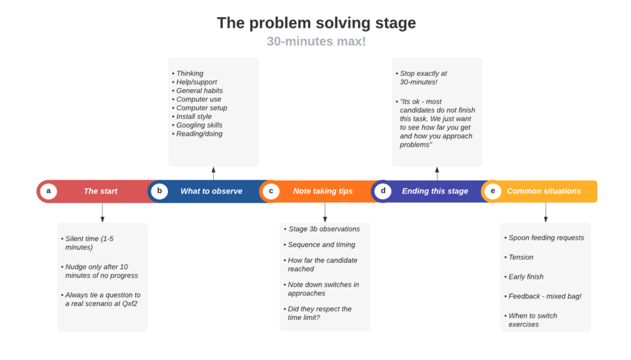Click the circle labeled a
pos(48,191)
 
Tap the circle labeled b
pos(160,191)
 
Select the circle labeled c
pos(271,191)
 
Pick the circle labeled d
pos(383,191)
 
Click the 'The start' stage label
pos(100,191)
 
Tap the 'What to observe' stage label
pos(211,191)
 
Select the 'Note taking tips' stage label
pos(323,191)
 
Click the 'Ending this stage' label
pos(435,191)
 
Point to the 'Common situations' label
pos(544,191)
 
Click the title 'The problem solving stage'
pos(316,23)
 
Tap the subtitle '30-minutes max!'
pos(316,42)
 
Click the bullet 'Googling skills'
pos(200,125)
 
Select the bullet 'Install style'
pos(194,117)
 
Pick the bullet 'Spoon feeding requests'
pos(546,238)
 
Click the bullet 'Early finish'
pos(526,277)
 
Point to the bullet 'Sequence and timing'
pos(322,245)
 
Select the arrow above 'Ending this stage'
pos(437,173)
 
